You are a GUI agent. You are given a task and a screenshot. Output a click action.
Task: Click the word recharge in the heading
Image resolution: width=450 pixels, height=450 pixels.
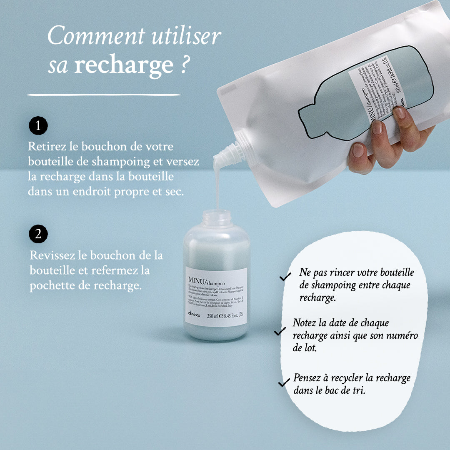click(x=123, y=65)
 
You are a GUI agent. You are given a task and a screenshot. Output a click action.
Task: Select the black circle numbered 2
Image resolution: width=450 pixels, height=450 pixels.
click(x=38, y=234)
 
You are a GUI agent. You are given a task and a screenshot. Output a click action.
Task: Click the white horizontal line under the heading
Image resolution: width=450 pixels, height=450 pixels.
click(x=104, y=95)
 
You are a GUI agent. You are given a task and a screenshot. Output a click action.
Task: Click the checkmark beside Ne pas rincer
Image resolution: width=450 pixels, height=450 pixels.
click(x=285, y=277)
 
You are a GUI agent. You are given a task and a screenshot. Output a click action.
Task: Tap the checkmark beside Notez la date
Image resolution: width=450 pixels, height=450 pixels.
click(x=280, y=331)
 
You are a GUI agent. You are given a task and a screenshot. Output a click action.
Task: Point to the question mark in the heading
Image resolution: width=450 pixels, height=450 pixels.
click(x=183, y=65)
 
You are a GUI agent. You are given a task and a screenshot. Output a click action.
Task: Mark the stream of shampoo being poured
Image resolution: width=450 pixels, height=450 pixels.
click(x=217, y=187)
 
